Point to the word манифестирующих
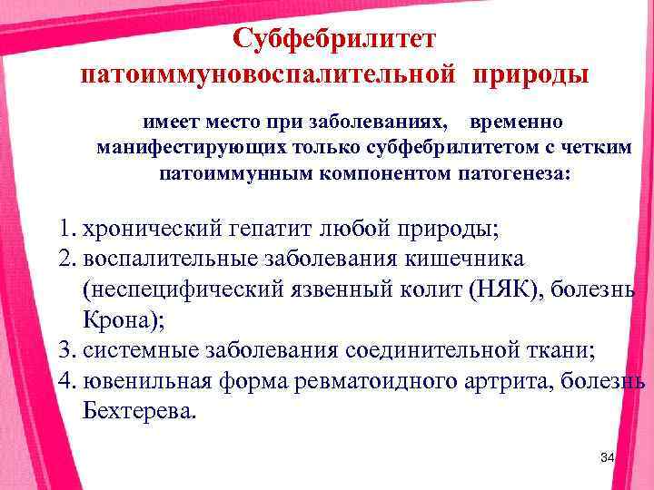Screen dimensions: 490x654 [181, 147]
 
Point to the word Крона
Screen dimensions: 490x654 [115, 319]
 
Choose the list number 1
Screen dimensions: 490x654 [64, 228]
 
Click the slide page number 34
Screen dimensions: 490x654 [607, 457]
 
